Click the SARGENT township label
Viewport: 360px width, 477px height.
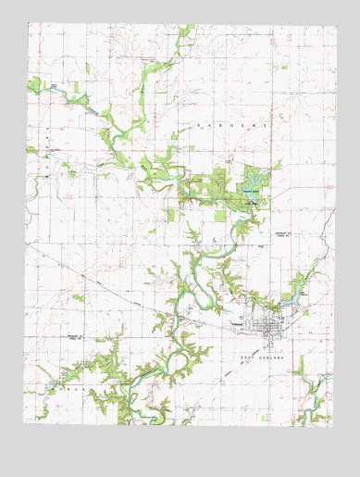click(231, 123)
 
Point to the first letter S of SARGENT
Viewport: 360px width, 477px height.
click(196, 122)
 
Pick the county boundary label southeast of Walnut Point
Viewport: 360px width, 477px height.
click(279, 233)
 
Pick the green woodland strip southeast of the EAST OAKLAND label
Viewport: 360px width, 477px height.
click(301, 367)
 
